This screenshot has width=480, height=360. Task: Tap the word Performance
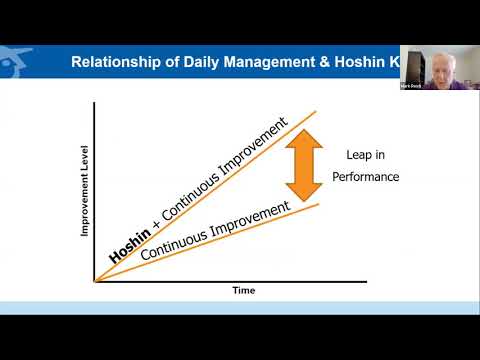coord(367,176)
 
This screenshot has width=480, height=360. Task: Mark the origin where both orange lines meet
coord(95,280)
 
